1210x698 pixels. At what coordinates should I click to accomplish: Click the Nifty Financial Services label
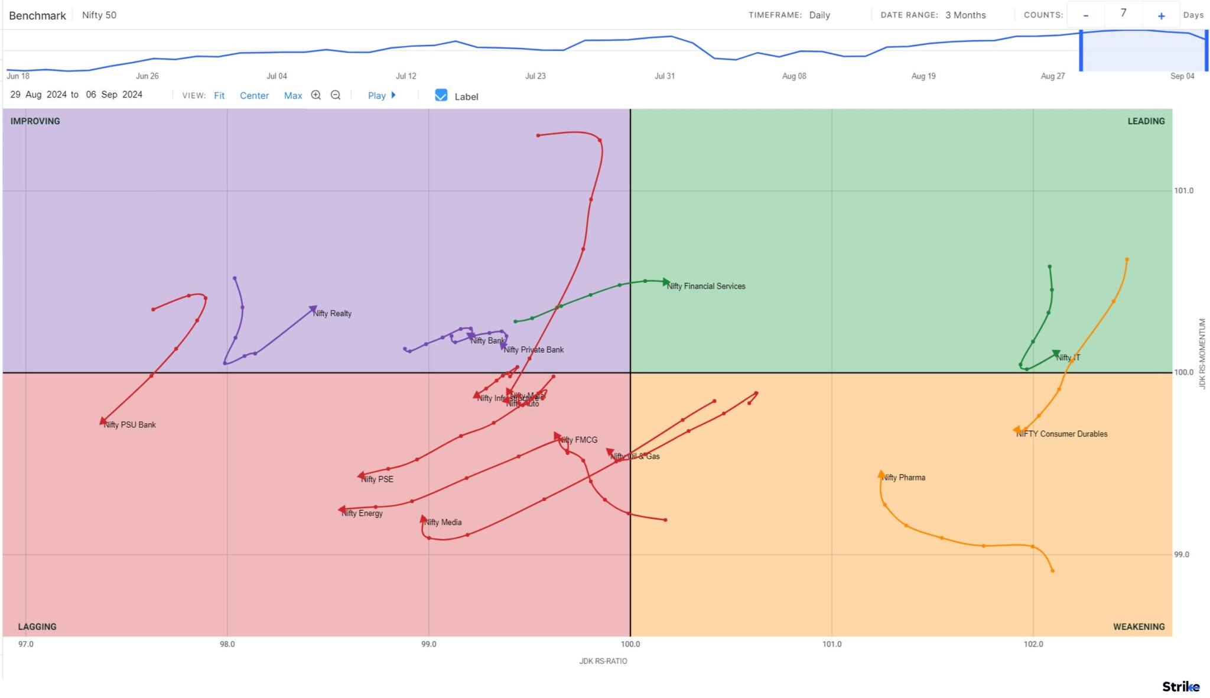tap(705, 286)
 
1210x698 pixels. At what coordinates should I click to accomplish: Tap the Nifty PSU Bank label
tap(129, 425)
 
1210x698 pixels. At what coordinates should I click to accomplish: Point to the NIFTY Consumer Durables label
tap(1061, 434)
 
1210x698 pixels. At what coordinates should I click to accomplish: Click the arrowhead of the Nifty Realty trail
tap(314, 309)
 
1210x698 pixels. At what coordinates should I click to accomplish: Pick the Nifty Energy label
tap(362, 513)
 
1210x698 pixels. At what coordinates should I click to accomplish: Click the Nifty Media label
tap(443, 522)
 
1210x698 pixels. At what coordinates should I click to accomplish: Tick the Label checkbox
tap(441, 95)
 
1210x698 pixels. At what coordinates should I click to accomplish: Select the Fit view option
tap(219, 96)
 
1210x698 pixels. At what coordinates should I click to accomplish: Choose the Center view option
tap(254, 96)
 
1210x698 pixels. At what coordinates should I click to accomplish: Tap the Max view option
tap(292, 96)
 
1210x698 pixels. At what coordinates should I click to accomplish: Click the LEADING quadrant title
tap(1146, 121)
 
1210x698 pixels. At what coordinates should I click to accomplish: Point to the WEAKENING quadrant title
tap(1139, 626)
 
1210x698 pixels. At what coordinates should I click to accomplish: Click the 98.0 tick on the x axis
tap(227, 644)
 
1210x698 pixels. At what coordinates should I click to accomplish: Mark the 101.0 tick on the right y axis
tap(1183, 191)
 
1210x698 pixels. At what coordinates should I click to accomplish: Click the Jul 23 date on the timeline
tap(535, 76)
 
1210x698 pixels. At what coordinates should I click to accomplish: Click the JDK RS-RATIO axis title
tap(603, 661)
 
